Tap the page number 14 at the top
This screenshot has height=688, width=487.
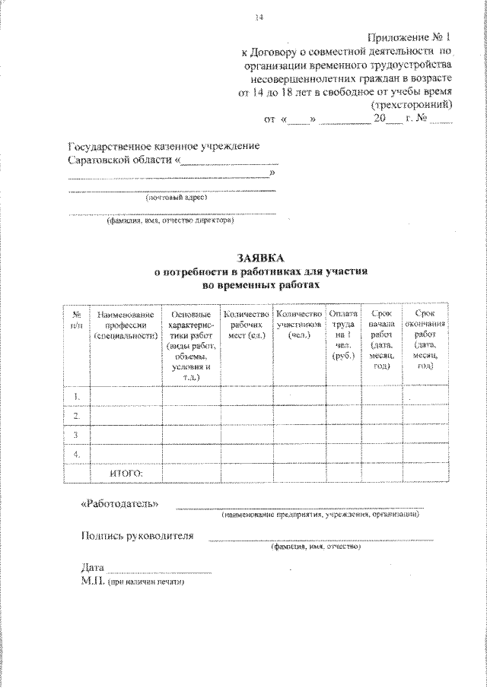259,17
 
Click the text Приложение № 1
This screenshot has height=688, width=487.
410,37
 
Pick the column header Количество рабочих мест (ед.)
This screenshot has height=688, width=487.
245,325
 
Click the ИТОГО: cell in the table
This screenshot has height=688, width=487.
127,474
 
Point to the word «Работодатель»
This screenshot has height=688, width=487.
120,504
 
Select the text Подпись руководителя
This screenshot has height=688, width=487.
137,535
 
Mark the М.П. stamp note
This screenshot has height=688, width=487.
132,582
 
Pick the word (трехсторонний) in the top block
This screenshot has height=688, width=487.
411,106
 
